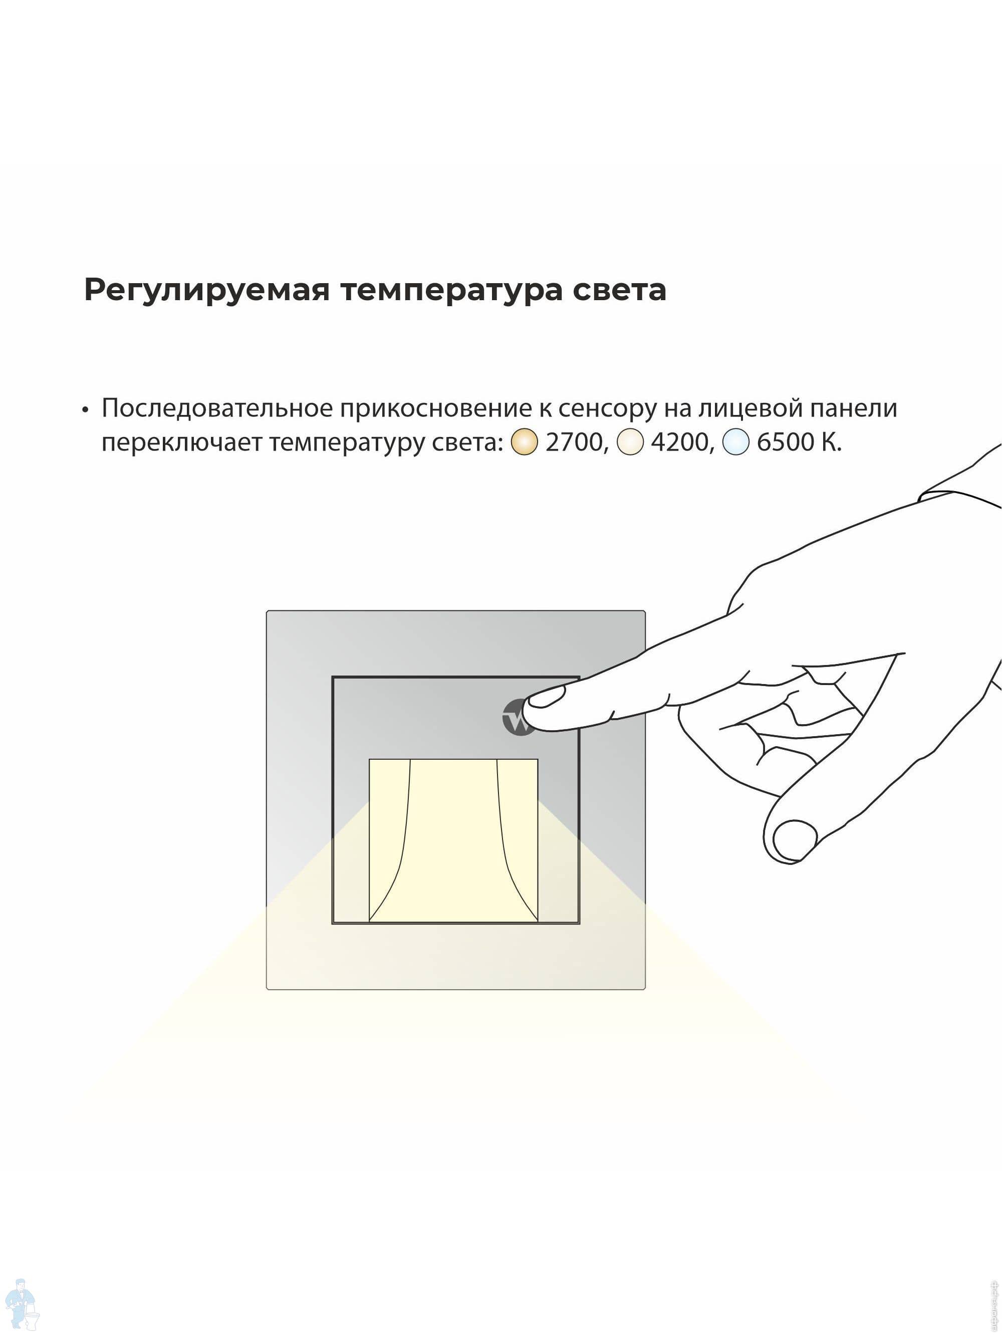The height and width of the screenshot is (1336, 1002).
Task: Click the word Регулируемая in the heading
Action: [x=206, y=291]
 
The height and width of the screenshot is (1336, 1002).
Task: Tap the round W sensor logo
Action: [x=518, y=718]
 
